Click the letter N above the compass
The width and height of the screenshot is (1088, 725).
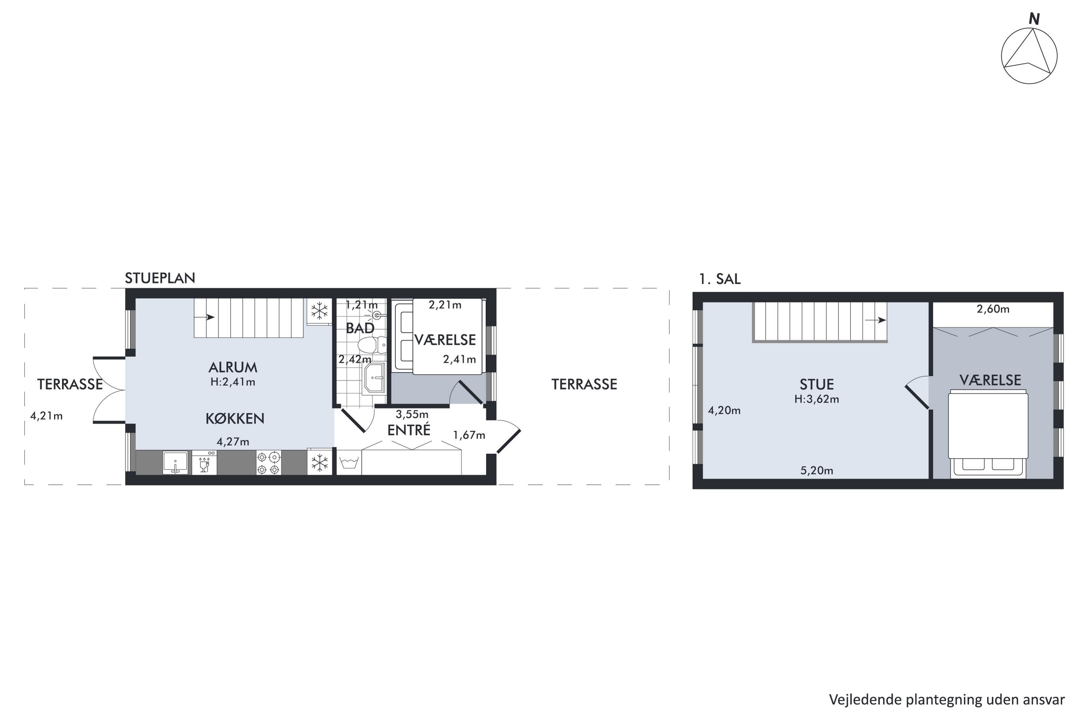click(1034, 19)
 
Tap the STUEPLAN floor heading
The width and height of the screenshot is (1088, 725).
click(160, 278)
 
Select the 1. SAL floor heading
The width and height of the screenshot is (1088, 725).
click(720, 279)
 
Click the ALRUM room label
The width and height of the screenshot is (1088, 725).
click(233, 367)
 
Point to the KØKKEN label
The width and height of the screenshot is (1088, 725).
click(235, 418)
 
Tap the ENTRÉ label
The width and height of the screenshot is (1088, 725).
click(409, 430)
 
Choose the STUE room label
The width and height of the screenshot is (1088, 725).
click(817, 384)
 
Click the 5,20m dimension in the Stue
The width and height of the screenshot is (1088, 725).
click(817, 471)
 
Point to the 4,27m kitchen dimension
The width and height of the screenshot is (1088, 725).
click(233, 442)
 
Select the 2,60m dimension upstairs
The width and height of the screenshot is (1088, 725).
click(993, 309)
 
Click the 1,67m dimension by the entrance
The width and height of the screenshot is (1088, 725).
click(469, 435)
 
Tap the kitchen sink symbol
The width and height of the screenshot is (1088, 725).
click(175, 463)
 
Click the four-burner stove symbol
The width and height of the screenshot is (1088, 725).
click(269, 463)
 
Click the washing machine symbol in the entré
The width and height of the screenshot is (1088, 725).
click(349, 463)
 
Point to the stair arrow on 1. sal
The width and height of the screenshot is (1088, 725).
click(875, 320)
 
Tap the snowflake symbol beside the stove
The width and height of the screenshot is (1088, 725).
click(320, 463)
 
